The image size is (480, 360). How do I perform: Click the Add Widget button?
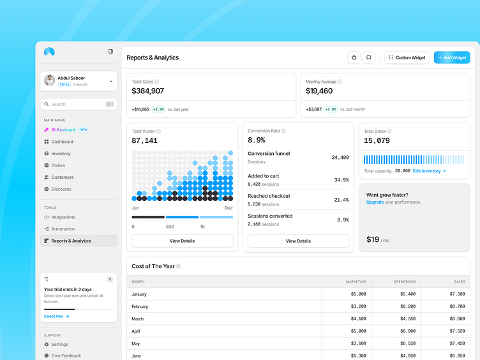click(452, 57)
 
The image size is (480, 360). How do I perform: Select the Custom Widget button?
click(407, 57)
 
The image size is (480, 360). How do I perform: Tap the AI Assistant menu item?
click(63, 130)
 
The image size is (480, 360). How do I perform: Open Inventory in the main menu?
click(61, 153)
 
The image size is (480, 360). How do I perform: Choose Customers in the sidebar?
click(62, 177)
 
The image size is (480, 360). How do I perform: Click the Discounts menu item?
click(61, 189)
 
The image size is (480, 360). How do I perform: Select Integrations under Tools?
click(63, 217)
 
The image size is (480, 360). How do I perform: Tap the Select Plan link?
click(56, 316)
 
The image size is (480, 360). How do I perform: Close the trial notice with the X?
click(110, 279)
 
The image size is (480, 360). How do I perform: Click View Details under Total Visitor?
click(182, 241)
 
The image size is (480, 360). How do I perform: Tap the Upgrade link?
click(375, 202)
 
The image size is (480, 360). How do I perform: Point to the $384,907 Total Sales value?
click(148, 91)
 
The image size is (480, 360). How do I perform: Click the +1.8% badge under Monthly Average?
click(331, 109)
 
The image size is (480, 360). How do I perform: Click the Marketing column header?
click(356, 281)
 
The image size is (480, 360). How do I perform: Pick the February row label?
click(140, 306)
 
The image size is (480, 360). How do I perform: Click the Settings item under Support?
click(59, 345)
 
